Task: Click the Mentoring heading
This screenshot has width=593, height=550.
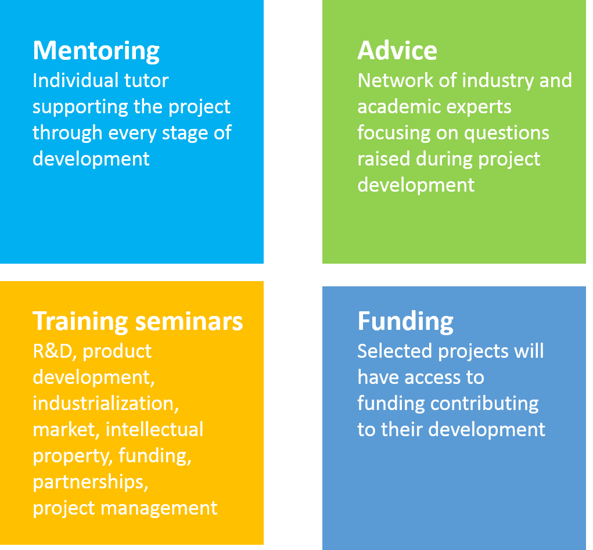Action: coord(96,51)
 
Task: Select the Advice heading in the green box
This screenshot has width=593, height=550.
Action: coord(397,51)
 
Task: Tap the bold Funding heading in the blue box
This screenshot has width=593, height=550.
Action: coord(405,322)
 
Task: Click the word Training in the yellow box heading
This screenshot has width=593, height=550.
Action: coord(80,322)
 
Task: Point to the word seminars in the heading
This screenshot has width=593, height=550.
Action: coord(189,322)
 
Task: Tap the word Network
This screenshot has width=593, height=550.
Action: coord(395,81)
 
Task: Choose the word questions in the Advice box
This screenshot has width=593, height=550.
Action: coord(507,134)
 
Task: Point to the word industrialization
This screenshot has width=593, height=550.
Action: coord(106,404)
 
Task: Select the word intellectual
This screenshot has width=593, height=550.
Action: coord(154,430)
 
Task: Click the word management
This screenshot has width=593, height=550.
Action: coord(159,508)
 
